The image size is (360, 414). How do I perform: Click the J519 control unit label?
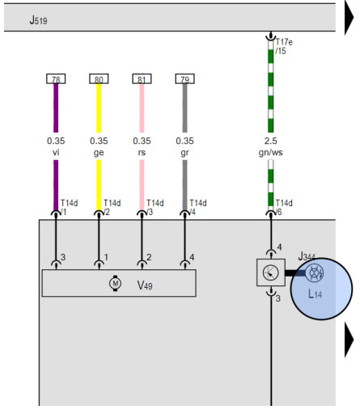[38, 20]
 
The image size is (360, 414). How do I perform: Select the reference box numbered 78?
[56, 78]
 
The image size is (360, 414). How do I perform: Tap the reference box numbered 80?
[99, 78]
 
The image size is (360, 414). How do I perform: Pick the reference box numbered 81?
[142, 78]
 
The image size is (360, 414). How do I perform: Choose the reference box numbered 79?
[184, 78]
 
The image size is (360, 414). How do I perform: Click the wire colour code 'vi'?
[56, 152]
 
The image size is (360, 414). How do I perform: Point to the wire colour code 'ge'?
[99, 153]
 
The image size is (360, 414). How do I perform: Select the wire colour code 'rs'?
[142, 153]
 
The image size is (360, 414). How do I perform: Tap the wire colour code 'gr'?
[184, 153]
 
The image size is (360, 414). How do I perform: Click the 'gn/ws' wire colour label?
[271, 153]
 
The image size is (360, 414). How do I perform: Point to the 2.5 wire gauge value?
[271, 141]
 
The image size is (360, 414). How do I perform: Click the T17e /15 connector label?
[284, 46]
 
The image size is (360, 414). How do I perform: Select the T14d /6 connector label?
[284, 208]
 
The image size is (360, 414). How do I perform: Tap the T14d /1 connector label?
[69, 208]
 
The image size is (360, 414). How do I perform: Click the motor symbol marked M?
[115, 283]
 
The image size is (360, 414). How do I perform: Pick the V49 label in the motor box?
[145, 285]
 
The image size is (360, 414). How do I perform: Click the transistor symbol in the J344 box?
[270, 272]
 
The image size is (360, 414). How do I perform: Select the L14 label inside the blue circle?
[315, 294]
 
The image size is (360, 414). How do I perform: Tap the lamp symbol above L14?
[315, 273]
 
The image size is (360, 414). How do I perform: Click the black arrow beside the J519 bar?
[349, 17]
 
